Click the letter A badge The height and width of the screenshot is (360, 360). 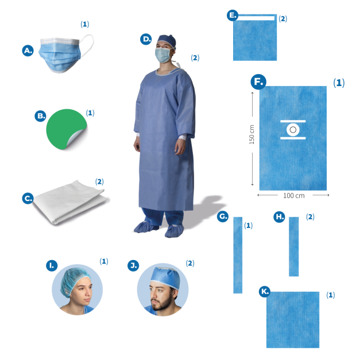click(28, 51)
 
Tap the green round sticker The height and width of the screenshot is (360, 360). click(65, 129)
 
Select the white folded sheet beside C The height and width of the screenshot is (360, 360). click(70, 202)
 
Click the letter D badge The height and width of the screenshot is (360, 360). click(146, 39)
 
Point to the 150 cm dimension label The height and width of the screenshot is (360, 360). click(252, 134)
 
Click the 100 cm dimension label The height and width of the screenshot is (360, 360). click(294, 196)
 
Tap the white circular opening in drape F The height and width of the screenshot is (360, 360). click(293, 130)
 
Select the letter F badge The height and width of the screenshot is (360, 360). click(258, 82)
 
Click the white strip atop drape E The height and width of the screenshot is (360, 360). click(257, 18)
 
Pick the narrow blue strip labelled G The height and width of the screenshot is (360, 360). click(238, 255)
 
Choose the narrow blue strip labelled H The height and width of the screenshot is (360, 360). click(294, 246)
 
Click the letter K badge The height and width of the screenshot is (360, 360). click(265, 292)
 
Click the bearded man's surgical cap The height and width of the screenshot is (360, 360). click(166, 277)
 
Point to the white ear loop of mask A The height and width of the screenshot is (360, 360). click(87, 45)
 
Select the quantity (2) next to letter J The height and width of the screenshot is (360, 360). click(190, 263)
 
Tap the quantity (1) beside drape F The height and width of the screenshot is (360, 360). click(339, 83)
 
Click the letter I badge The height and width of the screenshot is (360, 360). click(52, 266)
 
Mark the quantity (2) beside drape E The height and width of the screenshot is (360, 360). click(283, 18)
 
